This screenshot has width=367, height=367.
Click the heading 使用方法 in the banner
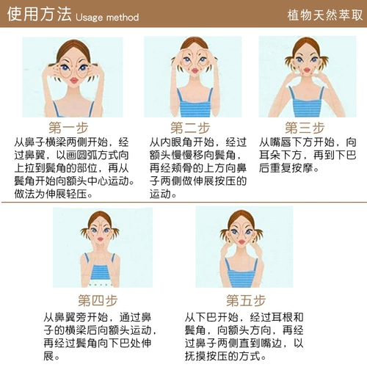[39, 14]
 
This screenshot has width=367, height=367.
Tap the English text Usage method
[107, 18]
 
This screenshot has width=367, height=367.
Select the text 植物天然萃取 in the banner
[325, 15]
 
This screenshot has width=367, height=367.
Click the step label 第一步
[68, 128]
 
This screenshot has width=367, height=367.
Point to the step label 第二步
[190, 128]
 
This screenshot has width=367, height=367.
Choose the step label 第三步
[305, 128]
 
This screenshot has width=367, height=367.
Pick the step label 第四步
[98, 300]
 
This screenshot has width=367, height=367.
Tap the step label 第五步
[246, 300]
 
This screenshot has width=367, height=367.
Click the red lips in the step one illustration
[74, 80]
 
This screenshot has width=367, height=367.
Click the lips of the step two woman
[195, 71]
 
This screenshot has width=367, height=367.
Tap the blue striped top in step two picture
[195, 105]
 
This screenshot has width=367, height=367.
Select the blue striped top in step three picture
[306, 104]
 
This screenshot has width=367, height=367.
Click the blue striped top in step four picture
[100, 271]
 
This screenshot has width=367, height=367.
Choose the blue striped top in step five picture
[241, 274]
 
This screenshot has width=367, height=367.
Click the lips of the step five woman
[241, 242]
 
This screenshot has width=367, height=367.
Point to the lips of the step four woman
[101, 239]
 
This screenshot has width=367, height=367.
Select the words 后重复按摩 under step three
[286, 168]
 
